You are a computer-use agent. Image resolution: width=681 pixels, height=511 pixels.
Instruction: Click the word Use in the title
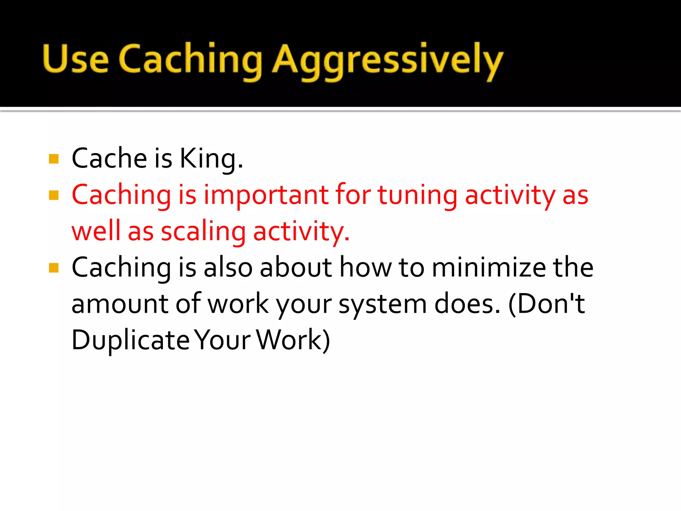[76, 59]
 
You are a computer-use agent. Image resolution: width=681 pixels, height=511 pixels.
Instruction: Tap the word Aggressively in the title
[387, 61]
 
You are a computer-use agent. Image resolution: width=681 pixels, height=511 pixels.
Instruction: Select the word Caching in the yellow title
[190, 60]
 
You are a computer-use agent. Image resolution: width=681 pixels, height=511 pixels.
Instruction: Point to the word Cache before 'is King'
[109, 158]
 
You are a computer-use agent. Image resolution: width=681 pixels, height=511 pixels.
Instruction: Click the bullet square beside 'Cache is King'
[54, 159]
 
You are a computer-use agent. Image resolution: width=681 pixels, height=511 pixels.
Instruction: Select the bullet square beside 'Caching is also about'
[54, 267]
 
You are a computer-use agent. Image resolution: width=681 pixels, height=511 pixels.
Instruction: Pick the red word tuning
[418, 196]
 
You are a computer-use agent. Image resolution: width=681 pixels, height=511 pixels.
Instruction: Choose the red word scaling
[203, 232]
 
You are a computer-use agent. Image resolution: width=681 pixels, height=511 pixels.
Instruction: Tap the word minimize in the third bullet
[489, 267]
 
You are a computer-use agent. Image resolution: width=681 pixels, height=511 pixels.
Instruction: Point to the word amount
[120, 304]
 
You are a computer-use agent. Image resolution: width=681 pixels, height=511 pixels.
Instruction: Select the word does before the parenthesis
[467, 304]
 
